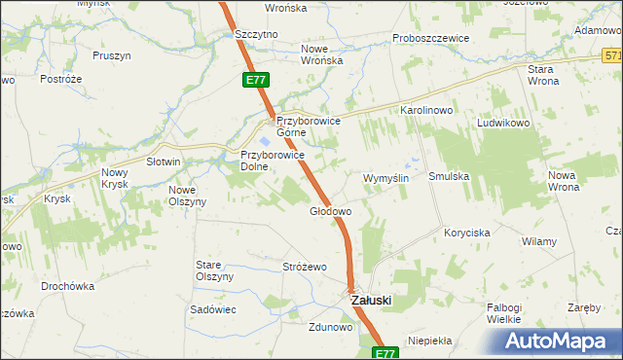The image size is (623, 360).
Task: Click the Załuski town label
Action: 371,302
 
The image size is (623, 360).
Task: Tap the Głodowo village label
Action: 330,211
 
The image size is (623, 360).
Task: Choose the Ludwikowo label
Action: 502,125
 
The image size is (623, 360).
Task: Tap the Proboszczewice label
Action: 431,38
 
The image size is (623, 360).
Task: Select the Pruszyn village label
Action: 112,55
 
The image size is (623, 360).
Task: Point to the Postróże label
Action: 58,78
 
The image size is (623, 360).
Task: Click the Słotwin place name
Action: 164,162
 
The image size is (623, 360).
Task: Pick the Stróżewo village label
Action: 304,267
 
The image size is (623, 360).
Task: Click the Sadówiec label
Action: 214,308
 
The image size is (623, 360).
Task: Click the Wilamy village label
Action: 538,241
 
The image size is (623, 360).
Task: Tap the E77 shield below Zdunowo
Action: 385,353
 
